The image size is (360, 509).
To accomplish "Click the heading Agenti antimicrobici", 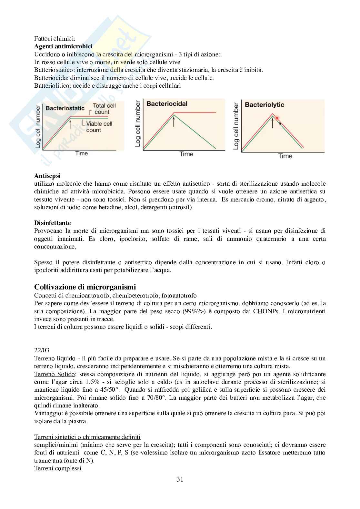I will [x=63, y=46].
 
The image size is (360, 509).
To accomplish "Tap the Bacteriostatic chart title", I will [x=65, y=108].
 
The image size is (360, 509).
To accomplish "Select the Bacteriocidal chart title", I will [x=167, y=104].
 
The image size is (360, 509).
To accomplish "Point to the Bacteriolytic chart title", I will [x=265, y=105].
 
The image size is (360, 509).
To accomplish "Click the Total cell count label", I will [x=104, y=109].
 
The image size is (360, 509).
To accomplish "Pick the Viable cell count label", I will [x=99, y=127].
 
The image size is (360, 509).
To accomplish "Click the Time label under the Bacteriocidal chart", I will [x=186, y=154].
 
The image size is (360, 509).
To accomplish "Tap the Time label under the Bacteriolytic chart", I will [x=285, y=156].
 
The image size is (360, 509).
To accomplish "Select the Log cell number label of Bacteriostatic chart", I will [x=38, y=127].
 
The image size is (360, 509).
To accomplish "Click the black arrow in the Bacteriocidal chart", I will [x=174, y=122].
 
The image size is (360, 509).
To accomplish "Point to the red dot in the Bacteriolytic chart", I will [x=277, y=118].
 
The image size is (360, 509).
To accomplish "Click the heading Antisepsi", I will [x=47, y=176].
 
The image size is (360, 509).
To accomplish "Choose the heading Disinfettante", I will [x=52, y=223].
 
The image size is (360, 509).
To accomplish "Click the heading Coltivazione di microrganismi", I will [x=85, y=287].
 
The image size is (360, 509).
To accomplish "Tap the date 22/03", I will [x=42, y=350].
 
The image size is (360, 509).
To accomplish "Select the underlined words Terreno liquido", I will [x=55, y=358].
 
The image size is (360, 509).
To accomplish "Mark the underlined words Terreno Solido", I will [x=55, y=374].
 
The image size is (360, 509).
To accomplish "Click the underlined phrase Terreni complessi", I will [x=58, y=468].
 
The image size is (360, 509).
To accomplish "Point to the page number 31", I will [x=180, y=479].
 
